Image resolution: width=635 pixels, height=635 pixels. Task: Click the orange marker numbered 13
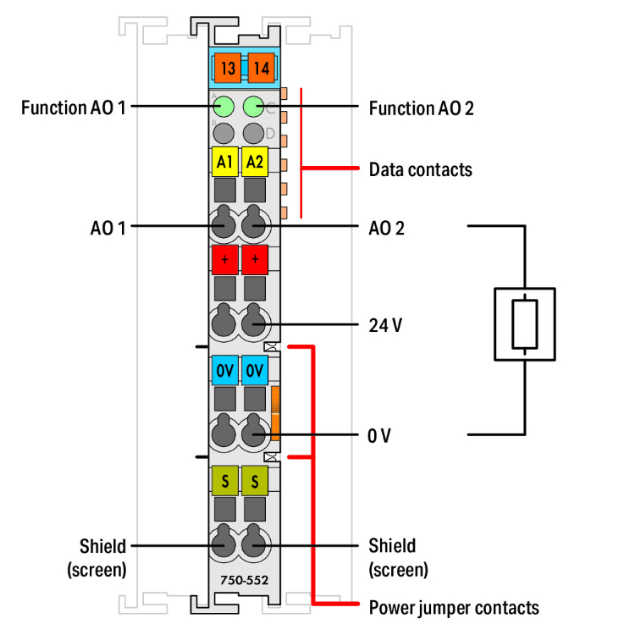(226, 66)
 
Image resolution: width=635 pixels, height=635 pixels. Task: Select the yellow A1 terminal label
(224, 161)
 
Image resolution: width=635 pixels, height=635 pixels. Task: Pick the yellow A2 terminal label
(254, 161)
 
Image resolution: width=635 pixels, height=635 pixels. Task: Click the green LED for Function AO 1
(224, 108)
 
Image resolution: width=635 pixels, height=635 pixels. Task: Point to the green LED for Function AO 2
(254, 108)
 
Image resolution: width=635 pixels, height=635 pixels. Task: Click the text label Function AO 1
(73, 108)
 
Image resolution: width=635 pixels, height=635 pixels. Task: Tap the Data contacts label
(420, 169)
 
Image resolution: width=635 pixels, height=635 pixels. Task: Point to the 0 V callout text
(379, 436)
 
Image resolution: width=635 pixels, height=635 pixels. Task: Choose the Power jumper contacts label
(453, 607)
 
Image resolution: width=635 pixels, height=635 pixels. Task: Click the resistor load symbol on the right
(525, 323)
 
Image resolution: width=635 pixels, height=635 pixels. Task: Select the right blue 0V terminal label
(254, 370)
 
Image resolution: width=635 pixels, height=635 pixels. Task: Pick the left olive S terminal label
(224, 481)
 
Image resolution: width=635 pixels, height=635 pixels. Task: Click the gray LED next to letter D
(254, 133)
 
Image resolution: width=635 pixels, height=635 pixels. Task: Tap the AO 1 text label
(108, 227)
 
